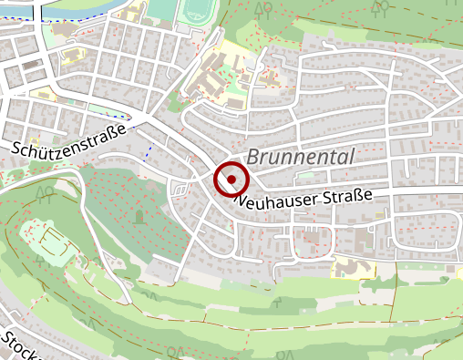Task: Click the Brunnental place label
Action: (300, 157)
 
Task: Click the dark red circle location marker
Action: (231, 180)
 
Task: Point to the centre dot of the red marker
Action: (231, 180)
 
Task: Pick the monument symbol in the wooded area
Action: (139, 217)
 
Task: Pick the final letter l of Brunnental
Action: (350, 157)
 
